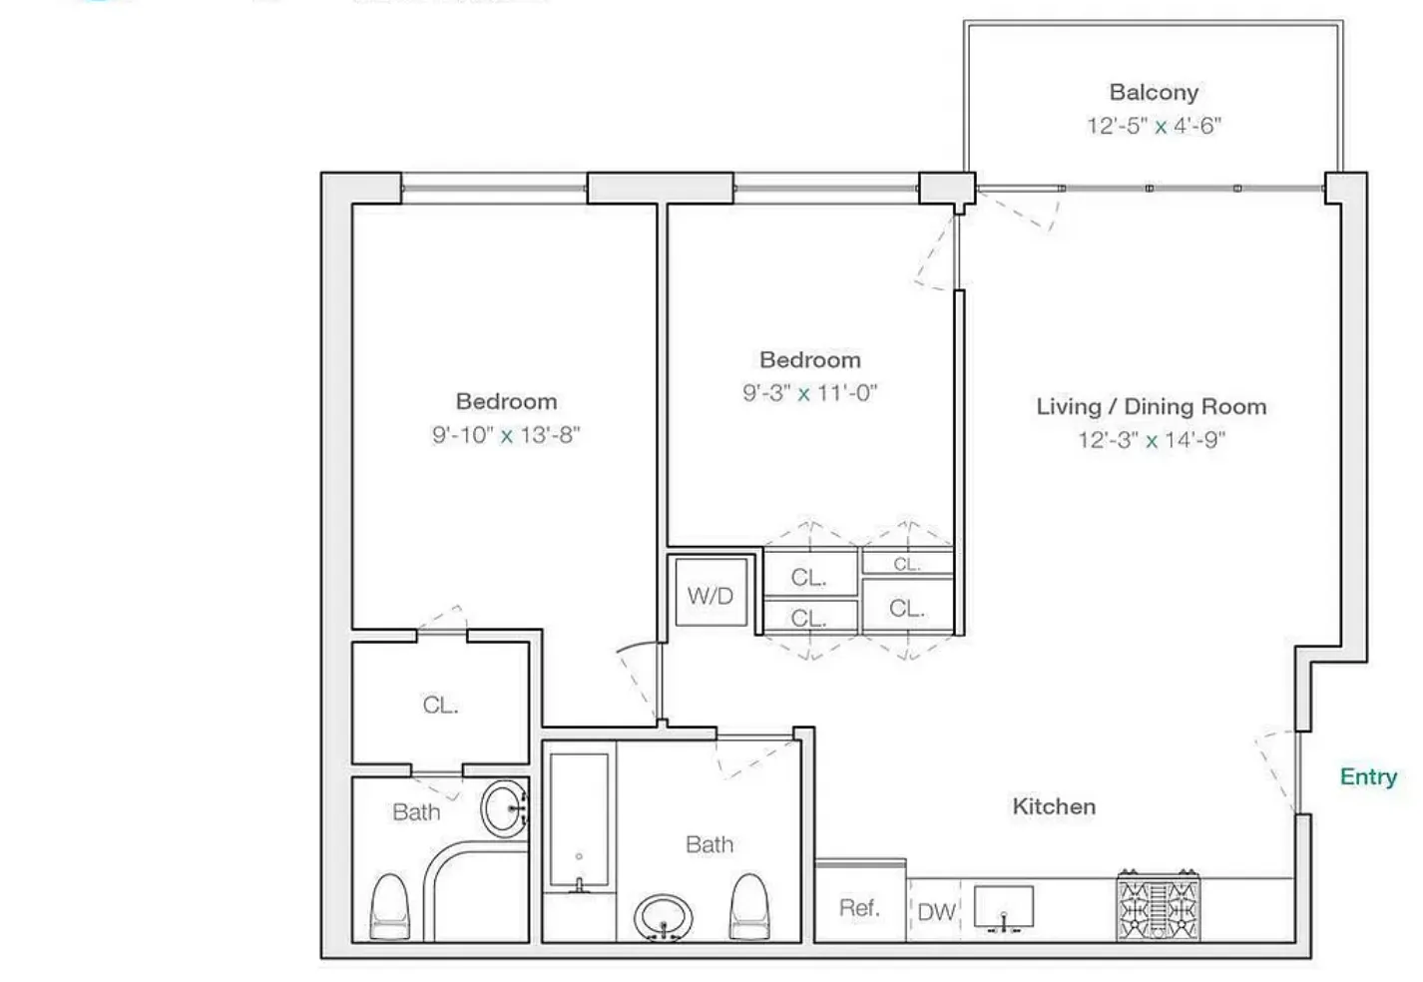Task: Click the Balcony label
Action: point(1154,93)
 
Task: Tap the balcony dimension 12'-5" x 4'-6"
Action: point(1154,126)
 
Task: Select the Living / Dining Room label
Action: point(1151,407)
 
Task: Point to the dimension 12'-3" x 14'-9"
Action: point(1151,440)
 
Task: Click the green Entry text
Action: point(1368,776)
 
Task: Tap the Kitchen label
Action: point(1054,806)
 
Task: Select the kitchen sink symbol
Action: point(1003,908)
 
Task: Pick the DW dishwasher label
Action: point(936,911)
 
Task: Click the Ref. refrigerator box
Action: point(859,907)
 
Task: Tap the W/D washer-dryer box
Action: point(711,596)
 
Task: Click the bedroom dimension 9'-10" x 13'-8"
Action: point(506,435)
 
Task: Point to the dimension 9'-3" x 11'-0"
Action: point(809,393)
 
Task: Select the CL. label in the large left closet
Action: point(440,705)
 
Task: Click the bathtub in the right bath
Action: point(579,821)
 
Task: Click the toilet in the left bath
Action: point(389,907)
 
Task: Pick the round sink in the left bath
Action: point(505,807)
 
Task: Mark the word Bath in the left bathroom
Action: point(416,812)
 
